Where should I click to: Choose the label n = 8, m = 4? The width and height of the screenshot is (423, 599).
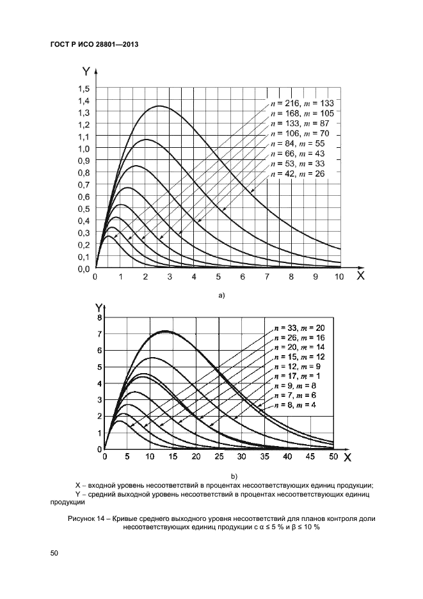(x=298, y=404)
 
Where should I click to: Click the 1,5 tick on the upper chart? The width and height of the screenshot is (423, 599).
(x=83, y=88)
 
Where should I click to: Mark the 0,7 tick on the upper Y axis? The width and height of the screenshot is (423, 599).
(x=83, y=184)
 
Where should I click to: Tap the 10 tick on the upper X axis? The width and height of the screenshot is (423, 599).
(x=339, y=277)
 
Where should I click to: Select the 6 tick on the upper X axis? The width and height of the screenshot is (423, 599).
(x=242, y=277)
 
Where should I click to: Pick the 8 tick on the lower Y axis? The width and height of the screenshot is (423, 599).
(x=99, y=317)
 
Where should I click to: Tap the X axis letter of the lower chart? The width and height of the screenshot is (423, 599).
(x=348, y=458)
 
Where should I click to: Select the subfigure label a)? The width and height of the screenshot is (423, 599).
(x=222, y=295)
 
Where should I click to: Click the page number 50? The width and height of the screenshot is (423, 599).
(x=54, y=552)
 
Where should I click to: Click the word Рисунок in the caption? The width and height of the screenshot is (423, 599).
(x=82, y=517)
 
